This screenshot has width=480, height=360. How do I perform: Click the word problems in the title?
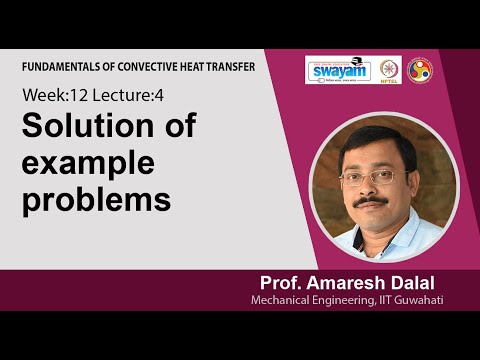(x=95, y=199)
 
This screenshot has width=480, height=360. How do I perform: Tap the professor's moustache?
(x=371, y=201)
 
